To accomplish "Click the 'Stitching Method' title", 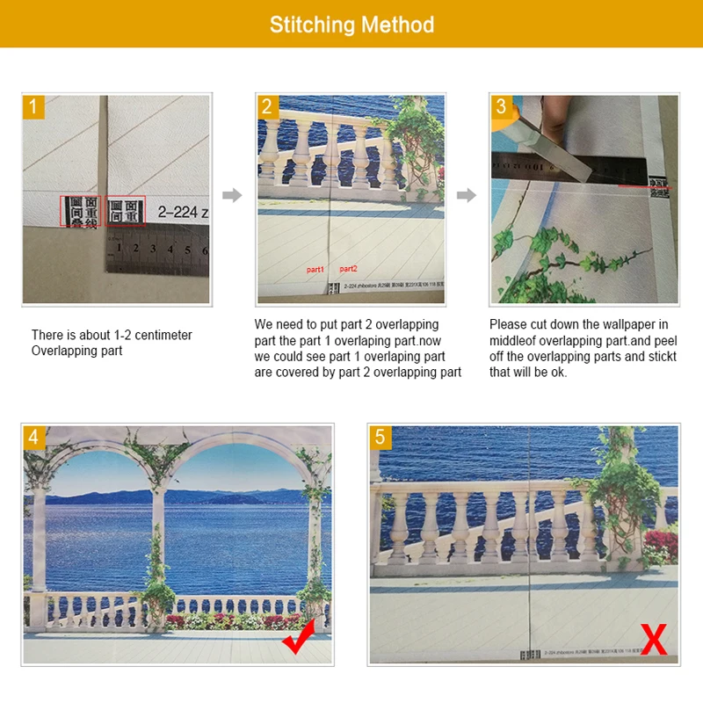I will pyautogui.click(x=351, y=24).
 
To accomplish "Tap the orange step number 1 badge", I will pyautogui.click(x=33, y=106).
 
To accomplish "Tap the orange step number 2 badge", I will pyautogui.click(x=267, y=106).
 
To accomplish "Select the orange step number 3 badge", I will pyautogui.click(x=501, y=106).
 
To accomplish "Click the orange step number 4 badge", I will pyautogui.click(x=33, y=438).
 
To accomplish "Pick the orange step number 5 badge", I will pyautogui.click(x=380, y=438).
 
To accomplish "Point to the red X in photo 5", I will pyautogui.click(x=654, y=641).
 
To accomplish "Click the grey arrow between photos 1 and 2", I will pyautogui.click(x=232, y=195).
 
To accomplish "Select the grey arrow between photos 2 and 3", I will pyautogui.click(x=467, y=195).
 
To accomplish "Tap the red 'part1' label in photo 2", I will pyautogui.click(x=315, y=269).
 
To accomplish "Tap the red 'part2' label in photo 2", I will pyautogui.click(x=348, y=269).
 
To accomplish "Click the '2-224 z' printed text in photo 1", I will pyautogui.click(x=183, y=212).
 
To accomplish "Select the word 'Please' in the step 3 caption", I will pyautogui.click(x=509, y=325).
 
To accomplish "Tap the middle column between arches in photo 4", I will pyautogui.click(x=158, y=545).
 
